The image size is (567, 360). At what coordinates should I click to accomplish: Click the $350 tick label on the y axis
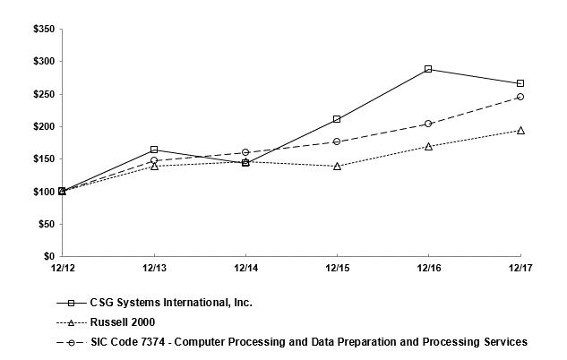[43, 30]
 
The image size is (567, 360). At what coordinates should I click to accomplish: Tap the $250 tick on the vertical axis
[43, 94]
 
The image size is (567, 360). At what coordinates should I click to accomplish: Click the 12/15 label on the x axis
[337, 267]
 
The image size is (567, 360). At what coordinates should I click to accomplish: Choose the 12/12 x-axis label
[62, 267]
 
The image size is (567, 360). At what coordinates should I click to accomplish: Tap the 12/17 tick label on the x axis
[520, 267]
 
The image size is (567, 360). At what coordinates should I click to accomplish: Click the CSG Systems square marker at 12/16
[428, 69]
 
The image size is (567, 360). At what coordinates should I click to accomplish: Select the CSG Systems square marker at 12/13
[154, 150]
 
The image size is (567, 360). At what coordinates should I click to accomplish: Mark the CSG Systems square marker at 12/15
[337, 119]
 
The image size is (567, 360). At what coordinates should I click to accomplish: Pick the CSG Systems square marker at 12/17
[520, 83]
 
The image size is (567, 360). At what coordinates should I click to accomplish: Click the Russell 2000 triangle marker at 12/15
[337, 166]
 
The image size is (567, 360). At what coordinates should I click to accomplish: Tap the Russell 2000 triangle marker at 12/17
[520, 130]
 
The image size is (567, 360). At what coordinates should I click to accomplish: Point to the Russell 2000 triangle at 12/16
[428, 146]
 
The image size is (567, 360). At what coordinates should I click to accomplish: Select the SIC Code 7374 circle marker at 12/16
[428, 124]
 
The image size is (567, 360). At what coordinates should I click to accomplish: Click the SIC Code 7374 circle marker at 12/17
[520, 97]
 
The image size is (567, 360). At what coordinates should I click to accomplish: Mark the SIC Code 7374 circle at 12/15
[337, 141]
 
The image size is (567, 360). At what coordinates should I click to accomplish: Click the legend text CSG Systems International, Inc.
[171, 303]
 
